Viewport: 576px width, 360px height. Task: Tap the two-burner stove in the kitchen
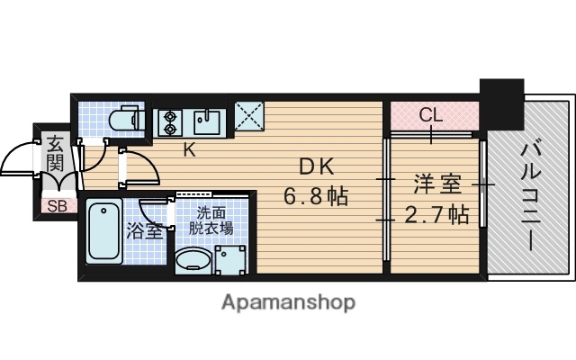coord(169,121)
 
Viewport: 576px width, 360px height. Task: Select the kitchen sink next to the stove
coord(209,121)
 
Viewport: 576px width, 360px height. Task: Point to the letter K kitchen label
coord(189,150)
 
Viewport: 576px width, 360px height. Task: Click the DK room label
coord(317,166)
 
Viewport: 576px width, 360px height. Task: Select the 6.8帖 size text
coord(317,194)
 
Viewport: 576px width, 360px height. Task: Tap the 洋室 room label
coord(438,185)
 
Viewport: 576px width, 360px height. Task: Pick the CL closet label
coord(431,114)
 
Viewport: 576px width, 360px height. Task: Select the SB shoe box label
coord(56,205)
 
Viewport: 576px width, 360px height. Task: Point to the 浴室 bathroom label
coord(144,230)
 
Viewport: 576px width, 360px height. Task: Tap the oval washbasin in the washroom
coord(192,262)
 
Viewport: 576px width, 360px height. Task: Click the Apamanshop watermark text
coord(288,301)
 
